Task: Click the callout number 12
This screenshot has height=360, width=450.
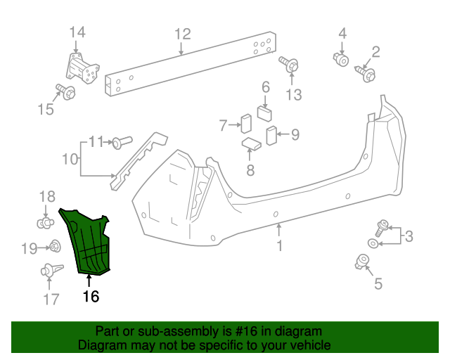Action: (182, 33)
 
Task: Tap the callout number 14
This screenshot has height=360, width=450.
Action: (77, 32)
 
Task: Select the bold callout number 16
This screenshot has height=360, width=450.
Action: (91, 296)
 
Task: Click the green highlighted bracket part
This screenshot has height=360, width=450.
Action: (87, 240)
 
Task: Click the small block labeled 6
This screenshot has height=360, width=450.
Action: (265, 112)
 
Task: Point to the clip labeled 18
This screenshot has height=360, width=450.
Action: (46, 223)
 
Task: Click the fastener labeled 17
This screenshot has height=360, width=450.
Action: (49, 269)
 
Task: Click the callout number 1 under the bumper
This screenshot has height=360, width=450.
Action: (279, 246)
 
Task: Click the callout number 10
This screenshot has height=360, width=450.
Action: (70, 160)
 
